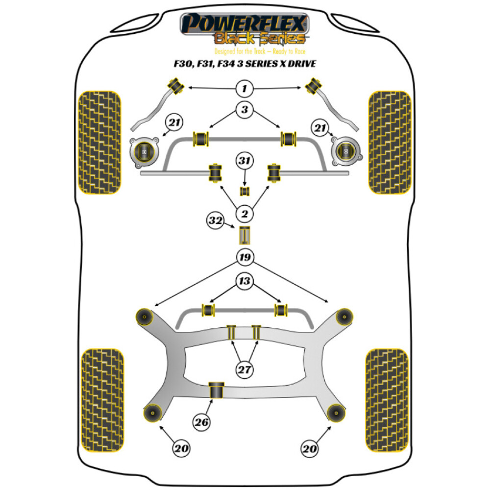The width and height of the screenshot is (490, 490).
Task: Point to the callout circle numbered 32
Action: coord(215,221)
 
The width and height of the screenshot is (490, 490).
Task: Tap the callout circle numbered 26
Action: coord(201,422)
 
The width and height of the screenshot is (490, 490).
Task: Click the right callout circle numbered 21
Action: coord(321,128)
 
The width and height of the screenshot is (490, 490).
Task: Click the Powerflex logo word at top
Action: coord(245,23)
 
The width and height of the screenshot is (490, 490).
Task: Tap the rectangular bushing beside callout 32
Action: coord(245,236)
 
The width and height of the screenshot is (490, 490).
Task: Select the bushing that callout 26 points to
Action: coord(216,390)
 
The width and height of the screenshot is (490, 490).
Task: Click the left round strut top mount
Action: coord(145,151)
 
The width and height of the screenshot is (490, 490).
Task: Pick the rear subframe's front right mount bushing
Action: coord(344,316)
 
